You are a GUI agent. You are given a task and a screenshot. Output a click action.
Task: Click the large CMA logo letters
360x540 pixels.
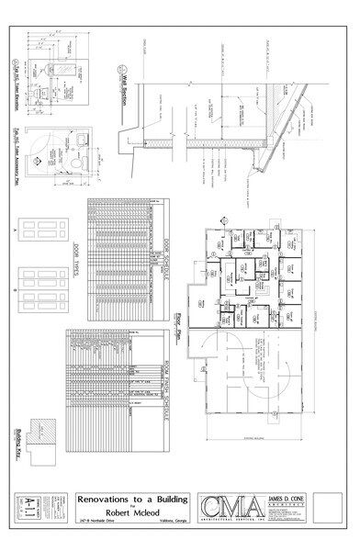coord(226,509)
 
